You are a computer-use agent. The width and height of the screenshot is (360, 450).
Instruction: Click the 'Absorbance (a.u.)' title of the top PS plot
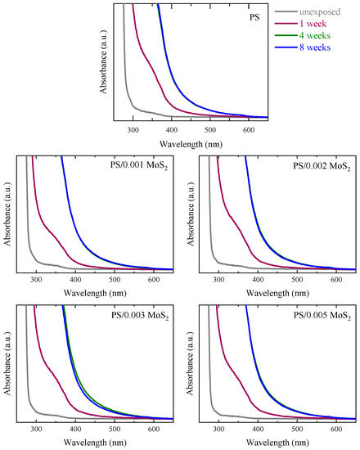click(x=104, y=61)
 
